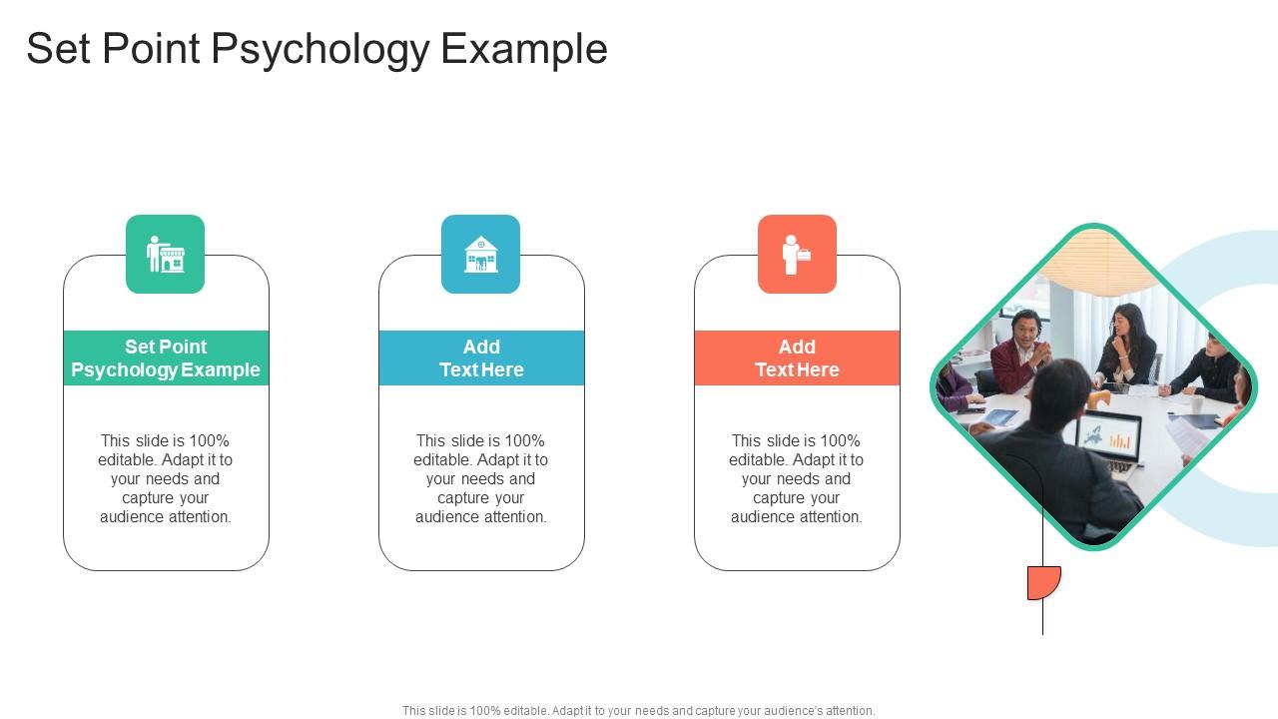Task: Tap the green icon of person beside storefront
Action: tap(166, 254)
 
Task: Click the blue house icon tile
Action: tap(481, 254)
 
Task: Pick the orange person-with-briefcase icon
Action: tap(797, 254)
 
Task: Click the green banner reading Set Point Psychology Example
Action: tap(166, 358)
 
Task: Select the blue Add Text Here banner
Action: tap(481, 358)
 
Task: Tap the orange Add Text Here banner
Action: tap(797, 358)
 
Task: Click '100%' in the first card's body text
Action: tap(210, 440)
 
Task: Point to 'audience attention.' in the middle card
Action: tap(481, 516)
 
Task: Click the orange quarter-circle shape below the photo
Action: tap(1043, 582)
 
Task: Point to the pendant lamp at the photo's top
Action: tap(1094, 258)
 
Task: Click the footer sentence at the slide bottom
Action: tap(639, 711)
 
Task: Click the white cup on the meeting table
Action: tap(1196, 404)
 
